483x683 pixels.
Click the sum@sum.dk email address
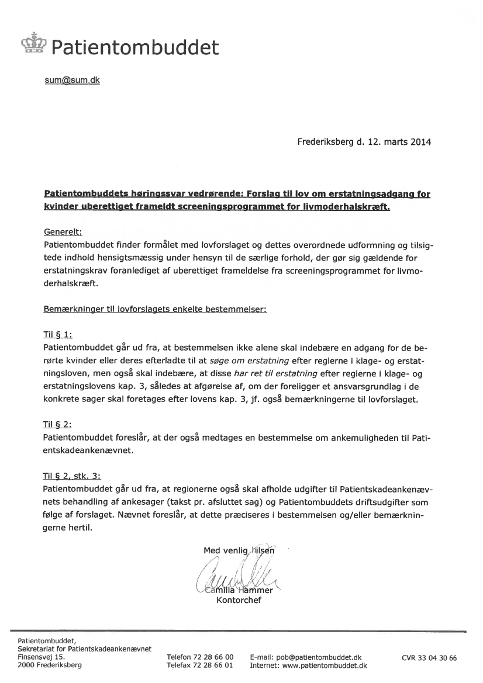pyautogui.click(x=72, y=80)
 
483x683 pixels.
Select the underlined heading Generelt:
pyautogui.click(x=63, y=231)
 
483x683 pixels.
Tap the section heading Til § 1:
pyautogui.click(x=58, y=335)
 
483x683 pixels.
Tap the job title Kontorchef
pyautogui.click(x=239, y=600)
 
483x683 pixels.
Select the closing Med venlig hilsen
pyautogui.click(x=239, y=550)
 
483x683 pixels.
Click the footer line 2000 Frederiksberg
pyautogui.click(x=50, y=665)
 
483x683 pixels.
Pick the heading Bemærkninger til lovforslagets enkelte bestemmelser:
pyautogui.click(x=155, y=309)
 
